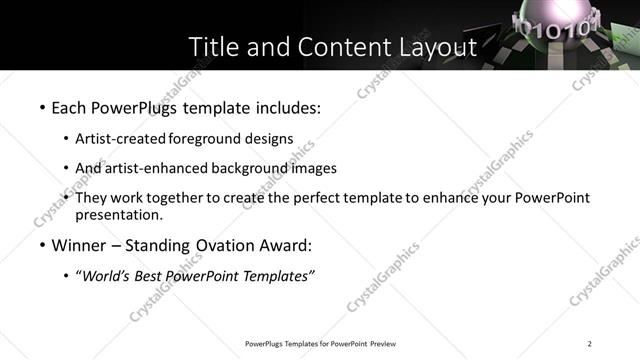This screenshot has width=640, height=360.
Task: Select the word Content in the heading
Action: click(329, 47)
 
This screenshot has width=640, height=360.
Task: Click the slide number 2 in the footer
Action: click(590, 344)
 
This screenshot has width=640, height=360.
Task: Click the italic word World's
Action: click(106, 277)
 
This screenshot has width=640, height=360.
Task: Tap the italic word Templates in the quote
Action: click(277, 277)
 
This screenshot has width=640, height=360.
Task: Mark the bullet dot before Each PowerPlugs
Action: click(42, 106)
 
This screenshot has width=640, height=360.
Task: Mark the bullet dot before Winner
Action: click(42, 245)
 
